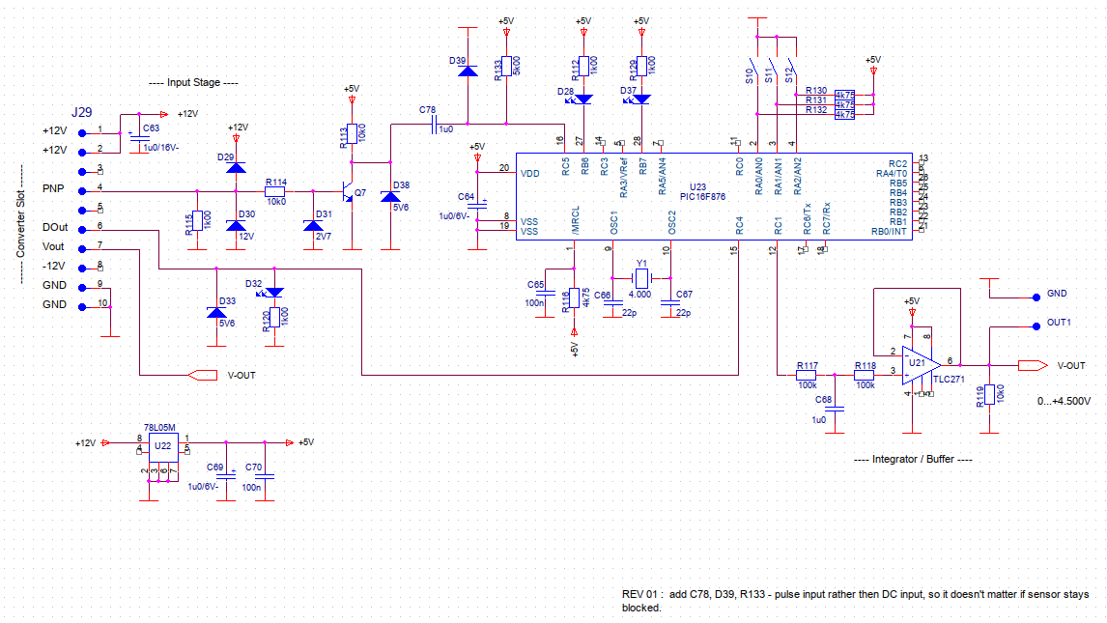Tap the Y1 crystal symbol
(x=639, y=280)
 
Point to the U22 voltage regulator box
(x=162, y=446)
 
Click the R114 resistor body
(x=275, y=191)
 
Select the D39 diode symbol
(x=468, y=71)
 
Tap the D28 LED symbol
(x=582, y=99)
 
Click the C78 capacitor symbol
(x=437, y=124)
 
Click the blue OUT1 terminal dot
(x=1038, y=323)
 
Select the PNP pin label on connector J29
(x=53, y=188)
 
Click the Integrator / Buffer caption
(x=913, y=460)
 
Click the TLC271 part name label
(x=951, y=381)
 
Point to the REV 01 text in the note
(x=640, y=594)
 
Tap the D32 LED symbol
(x=274, y=292)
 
